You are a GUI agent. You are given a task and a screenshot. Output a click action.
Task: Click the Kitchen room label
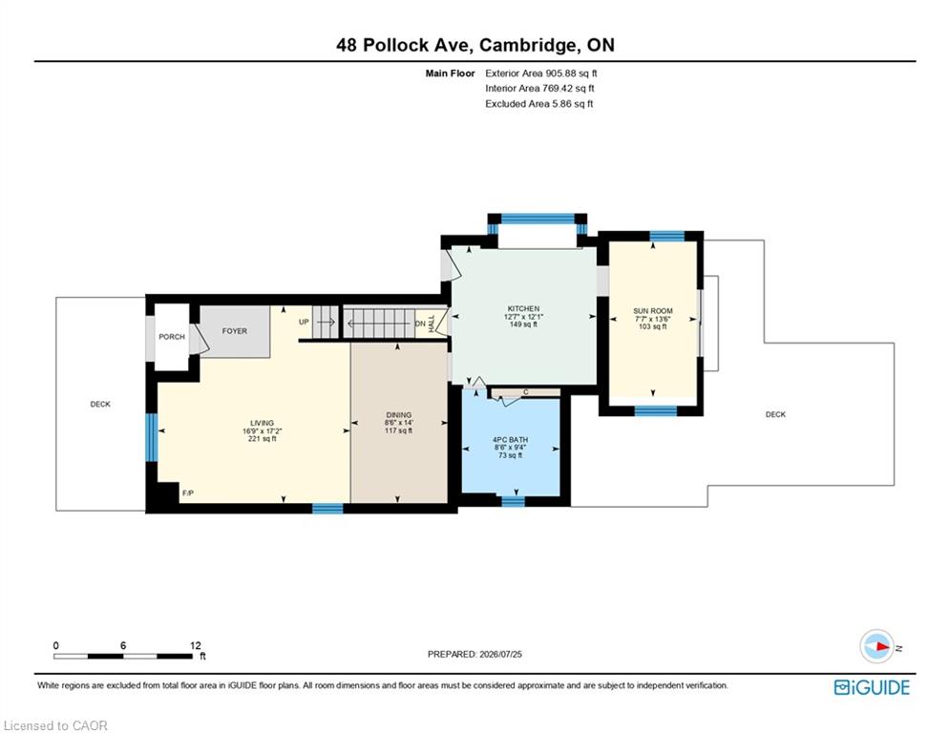click(x=523, y=309)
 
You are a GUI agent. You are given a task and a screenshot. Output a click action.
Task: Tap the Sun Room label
click(x=652, y=311)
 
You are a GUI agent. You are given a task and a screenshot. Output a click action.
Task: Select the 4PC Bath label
click(x=510, y=440)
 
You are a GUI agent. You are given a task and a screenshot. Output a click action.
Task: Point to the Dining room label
click(x=399, y=415)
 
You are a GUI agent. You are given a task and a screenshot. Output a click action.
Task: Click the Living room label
click(x=263, y=423)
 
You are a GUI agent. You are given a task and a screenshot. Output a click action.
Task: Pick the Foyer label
click(x=235, y=331)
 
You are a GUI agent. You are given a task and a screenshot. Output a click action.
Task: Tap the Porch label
click(x=172, y=337)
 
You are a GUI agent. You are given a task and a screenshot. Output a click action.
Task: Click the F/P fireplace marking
click(x=188, y=493)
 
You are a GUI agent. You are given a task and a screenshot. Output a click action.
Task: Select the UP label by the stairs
click(x=304, y=323)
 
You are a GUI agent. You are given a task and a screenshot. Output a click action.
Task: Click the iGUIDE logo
click(x=872, y=687)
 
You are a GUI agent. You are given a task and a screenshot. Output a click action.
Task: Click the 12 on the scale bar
click(x=195, y=645)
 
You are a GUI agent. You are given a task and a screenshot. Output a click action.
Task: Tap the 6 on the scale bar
click(x=123, y=645)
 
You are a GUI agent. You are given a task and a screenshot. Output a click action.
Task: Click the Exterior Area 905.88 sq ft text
click(x=541, y=73)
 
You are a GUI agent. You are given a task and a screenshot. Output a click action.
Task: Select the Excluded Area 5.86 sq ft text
click(x=539, y=104)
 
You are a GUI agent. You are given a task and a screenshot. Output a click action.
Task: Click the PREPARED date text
click(x=475, y=654)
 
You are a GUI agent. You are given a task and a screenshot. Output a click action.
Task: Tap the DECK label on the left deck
click(x=100, y=404)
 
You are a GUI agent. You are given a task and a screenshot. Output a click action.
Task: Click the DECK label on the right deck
click(x=775, y=414)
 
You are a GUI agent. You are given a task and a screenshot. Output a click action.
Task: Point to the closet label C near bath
click(x=526, y=392)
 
